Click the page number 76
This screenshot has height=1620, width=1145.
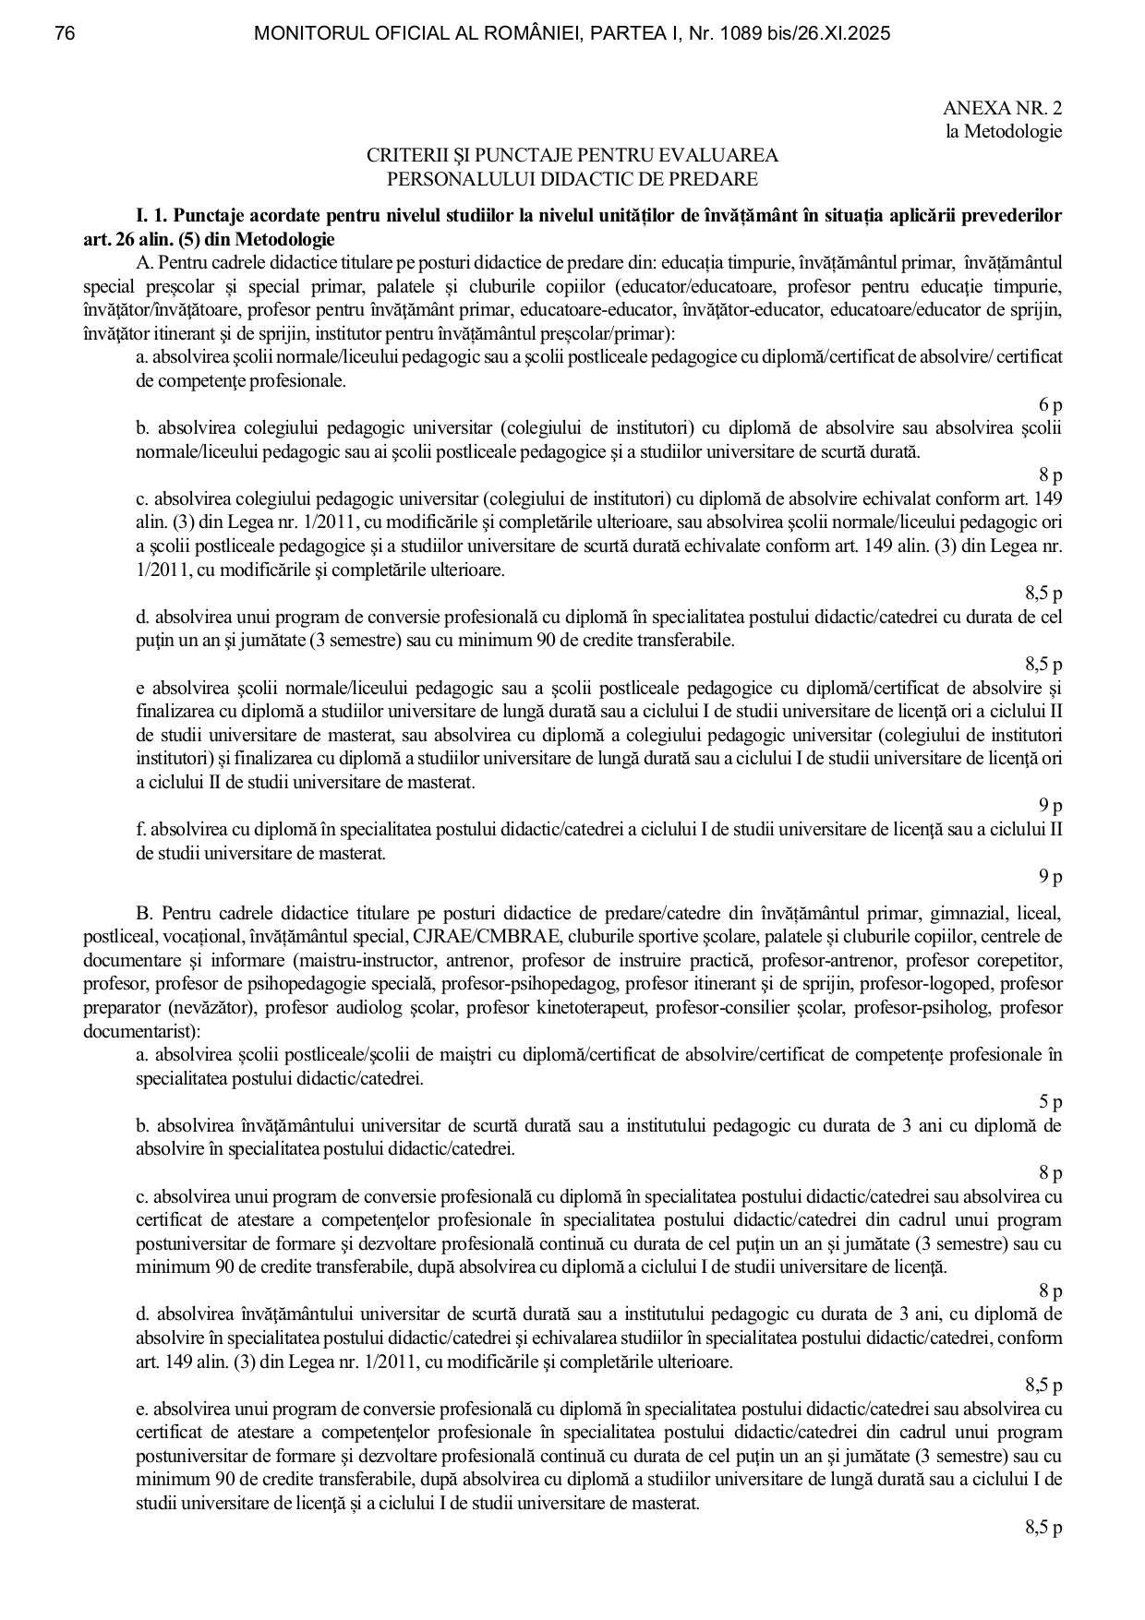point(65,34)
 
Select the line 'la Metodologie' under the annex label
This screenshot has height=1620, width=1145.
point(1003,132)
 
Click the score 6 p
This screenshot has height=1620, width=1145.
point(1050,404)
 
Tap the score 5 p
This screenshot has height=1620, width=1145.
point(1050,1102)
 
